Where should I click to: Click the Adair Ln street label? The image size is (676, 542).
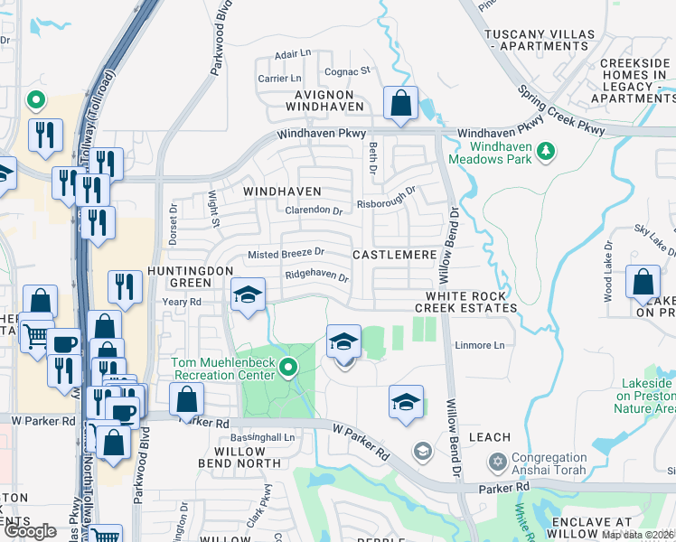pyautogui.click(x=292, y=54)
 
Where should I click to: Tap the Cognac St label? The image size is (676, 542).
pyautogui.click(x=348, y=70)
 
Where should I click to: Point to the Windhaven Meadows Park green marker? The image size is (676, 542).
pyautogui.click(x=545, y=151)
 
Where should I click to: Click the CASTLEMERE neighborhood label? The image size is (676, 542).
pyautogui.click(x=394, y=256)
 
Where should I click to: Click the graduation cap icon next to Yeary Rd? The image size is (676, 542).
pyautogui.click(x=249, y=294)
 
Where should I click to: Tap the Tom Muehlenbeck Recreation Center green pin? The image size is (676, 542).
pyautogui.click(x=288, y=366)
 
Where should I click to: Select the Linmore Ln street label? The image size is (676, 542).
pyautogui.click(x=479, y=345)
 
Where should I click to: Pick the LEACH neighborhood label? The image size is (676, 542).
pyautogui.click(x=491, y=437)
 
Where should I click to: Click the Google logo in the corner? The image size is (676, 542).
pyautogui.click(x=30, y=532)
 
